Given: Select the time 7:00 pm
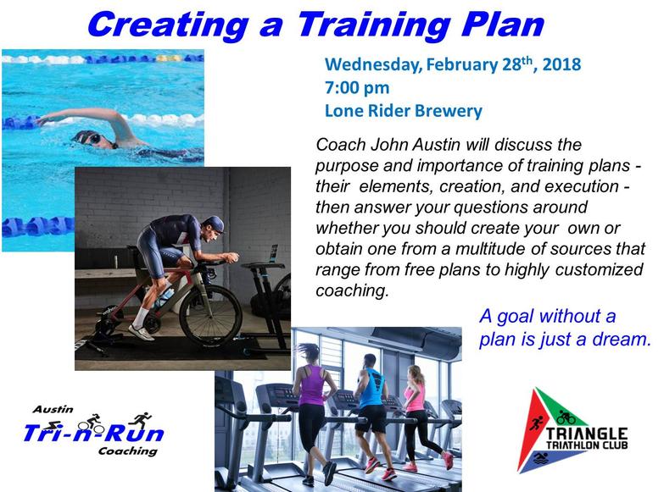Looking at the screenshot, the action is click(x=357, y=88).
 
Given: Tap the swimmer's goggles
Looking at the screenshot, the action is click(x=92, y=138).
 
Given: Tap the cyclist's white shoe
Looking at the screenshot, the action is click(x=142, y=332).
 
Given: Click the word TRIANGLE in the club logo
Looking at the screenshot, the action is click(x=587, y=434).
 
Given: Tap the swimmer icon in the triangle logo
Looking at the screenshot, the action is click(x=541, y=458).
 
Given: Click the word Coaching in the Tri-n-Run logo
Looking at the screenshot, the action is click(x=128, y=451).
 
